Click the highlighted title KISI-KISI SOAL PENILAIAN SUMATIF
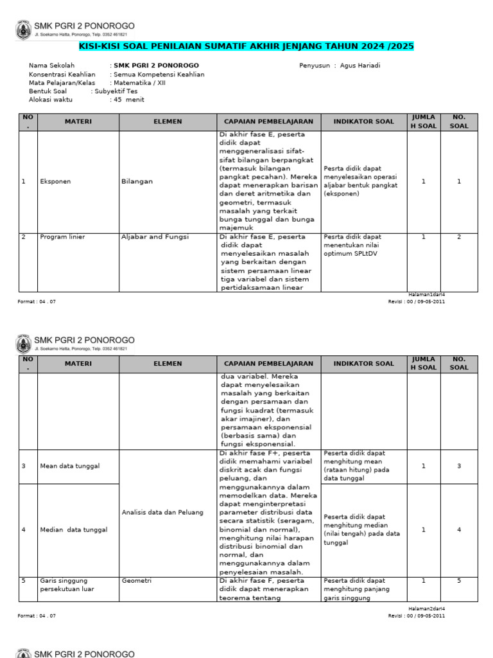pos(246,46)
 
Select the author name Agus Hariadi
pos(362,66)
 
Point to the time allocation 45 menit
pos(129,100)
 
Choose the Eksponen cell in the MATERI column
pos(55,181)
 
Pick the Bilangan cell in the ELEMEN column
pos(137,181)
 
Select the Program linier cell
pos(62,237)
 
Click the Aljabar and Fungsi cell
pos(155,237)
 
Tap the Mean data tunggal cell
pos(70,466)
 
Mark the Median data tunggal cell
pos(73,529)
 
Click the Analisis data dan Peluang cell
pos(162,512)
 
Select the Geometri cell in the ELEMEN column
pos(136,580)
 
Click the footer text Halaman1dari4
pos(427,294)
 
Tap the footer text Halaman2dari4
pos(427,608)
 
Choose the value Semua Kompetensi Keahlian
pos(159,75)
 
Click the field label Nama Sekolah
pos(52,66)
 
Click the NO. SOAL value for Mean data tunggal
pos(459,466)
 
